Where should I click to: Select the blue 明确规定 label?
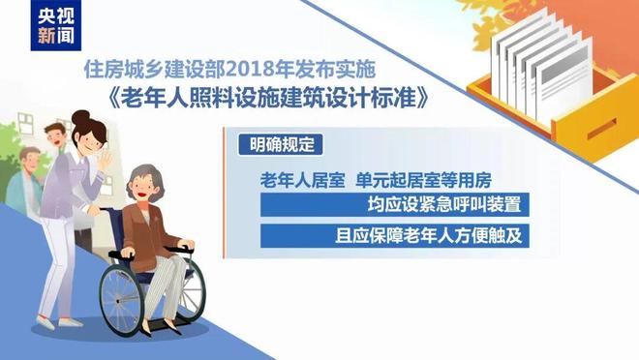[x=276, y=143]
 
